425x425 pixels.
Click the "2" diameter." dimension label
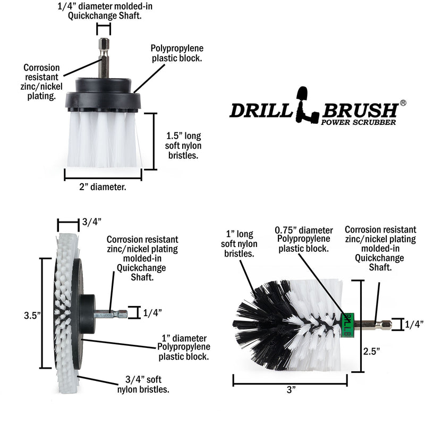103,186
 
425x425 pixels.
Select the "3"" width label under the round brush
290,390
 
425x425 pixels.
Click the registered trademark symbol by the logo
403,103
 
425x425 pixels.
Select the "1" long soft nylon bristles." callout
239,243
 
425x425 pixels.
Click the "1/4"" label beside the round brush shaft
413,323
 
